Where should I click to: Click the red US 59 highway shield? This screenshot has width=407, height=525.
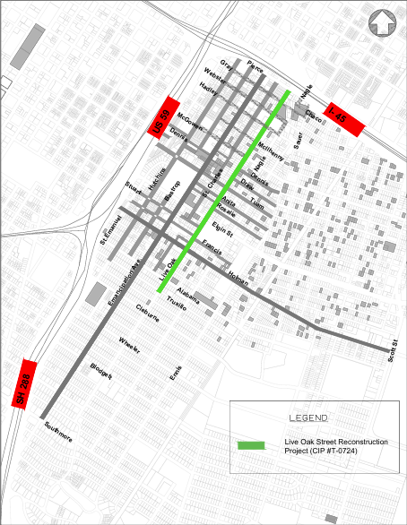pyautogui.click(x=164, y=116)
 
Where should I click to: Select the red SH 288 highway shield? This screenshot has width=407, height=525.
pyautogui.click(x=22, y=383)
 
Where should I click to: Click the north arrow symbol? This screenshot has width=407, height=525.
pyautogui.click(x=384, y=22)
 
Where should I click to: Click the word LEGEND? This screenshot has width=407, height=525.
pyautogui.click(x=308, y=418)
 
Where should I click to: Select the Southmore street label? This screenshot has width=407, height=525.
pyautogui.click(x=57, y=434)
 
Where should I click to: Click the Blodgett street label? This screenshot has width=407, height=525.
pyautogui.click(x=100, y=372)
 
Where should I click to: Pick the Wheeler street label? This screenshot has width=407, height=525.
pyautogui.click(x=128, y=346)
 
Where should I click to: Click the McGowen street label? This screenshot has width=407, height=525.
pyautogui.click(x=190, y=119)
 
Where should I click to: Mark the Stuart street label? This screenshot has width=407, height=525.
pyautogui.click(x=134, y=191)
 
